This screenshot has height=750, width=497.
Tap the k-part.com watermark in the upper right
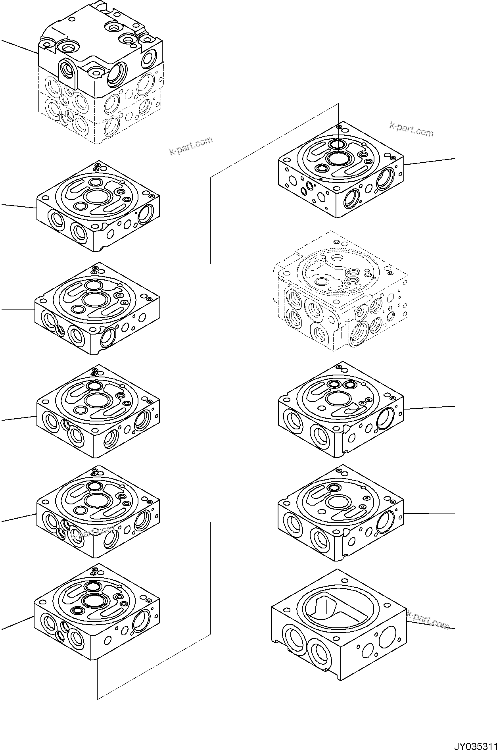click(x=411, y=129)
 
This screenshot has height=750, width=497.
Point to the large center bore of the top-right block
click(x=338, y=158)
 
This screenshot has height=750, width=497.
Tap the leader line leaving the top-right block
click(x=430, y=161)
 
